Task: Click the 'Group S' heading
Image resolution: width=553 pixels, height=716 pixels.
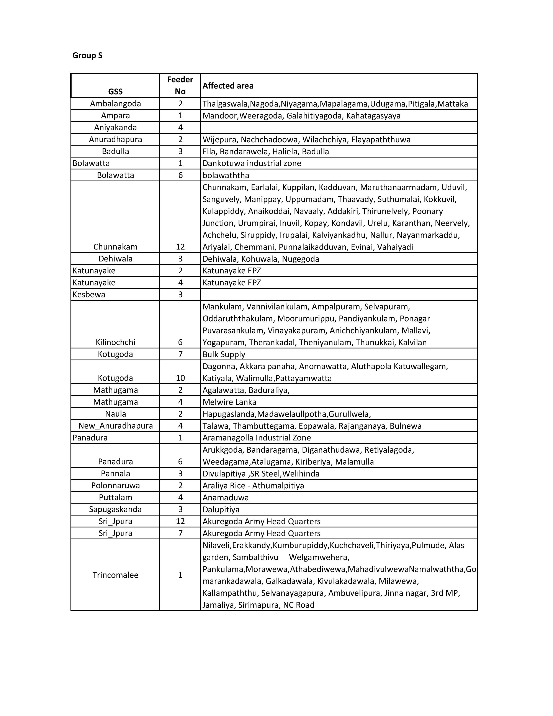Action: tap(87, 55)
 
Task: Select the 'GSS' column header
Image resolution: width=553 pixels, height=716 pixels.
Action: tap(115, 92)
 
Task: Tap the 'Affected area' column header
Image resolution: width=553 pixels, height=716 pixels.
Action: tap(228, 86)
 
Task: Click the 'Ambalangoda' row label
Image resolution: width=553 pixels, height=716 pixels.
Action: tap(115, 103)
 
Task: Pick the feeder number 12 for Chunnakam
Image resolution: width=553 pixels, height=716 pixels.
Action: tap(180, 247)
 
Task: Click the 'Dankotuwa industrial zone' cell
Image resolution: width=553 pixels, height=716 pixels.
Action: tap(252, 163)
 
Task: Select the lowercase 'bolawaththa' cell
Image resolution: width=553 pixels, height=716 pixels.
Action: tap(226, 175)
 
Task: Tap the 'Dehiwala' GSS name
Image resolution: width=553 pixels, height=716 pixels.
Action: tap(115, 259)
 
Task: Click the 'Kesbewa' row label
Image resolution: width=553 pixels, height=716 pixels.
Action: tap(89, 295)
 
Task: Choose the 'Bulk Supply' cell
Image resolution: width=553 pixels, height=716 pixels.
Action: tap(224, 354)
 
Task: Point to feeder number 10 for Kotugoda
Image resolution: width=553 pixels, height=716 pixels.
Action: tap(180, 378)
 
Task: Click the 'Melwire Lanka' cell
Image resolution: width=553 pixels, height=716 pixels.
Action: tap(229, 402)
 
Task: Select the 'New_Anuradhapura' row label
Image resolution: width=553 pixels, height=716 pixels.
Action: tap(115, 426)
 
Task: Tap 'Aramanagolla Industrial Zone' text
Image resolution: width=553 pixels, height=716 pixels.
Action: tap(257, 438)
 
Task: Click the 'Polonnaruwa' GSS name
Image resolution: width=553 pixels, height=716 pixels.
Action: tap(115, 486)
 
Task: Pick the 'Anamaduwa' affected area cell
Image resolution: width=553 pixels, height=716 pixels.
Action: tap(225, 498)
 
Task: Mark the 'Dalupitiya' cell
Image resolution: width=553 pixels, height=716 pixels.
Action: tap(221, 509)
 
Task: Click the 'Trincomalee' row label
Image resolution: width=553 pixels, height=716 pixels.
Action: tap(115, 575)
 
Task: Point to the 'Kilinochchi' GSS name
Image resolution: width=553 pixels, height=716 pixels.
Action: tap(115, 343)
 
